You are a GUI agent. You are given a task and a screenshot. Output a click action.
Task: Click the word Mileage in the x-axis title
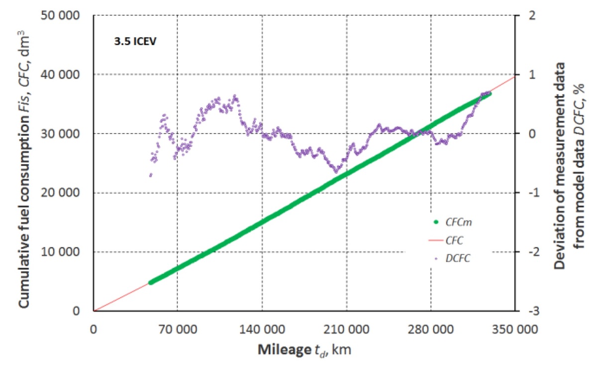click(279, 350)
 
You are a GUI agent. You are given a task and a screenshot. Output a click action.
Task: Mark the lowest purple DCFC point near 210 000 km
click(336, 172)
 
